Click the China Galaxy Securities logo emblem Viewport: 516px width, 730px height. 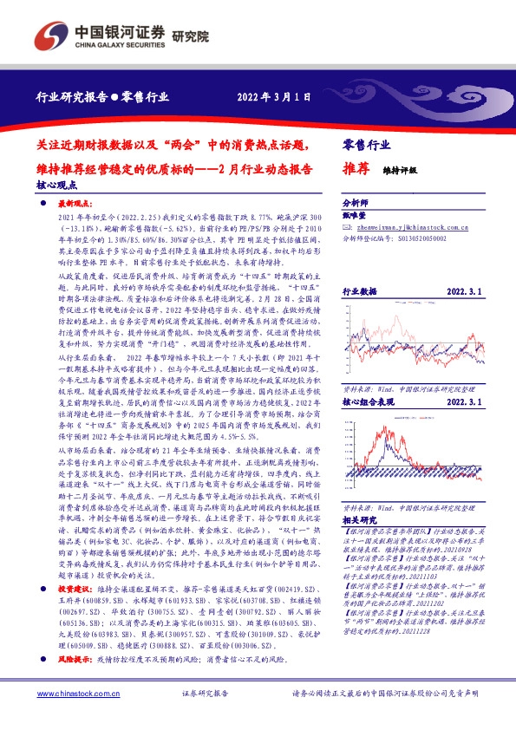tap(49, 36)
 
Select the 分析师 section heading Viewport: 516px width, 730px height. tap(356, 200)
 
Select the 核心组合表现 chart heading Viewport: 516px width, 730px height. tap(368, 379)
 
